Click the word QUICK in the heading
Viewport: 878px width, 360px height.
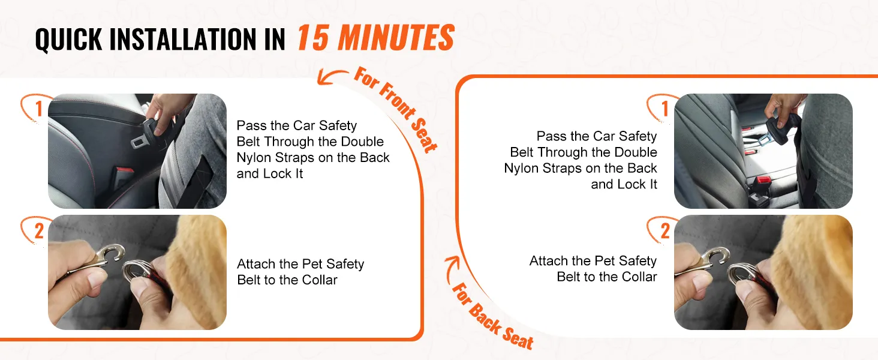point(68,39)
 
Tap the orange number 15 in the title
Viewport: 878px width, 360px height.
point(312,37)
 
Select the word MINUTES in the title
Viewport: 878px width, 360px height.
point(396,37)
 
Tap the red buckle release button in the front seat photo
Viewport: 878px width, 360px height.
point(125,172)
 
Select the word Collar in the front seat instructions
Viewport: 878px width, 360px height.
point(320,280)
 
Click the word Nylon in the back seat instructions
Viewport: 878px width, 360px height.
point(521,168)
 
